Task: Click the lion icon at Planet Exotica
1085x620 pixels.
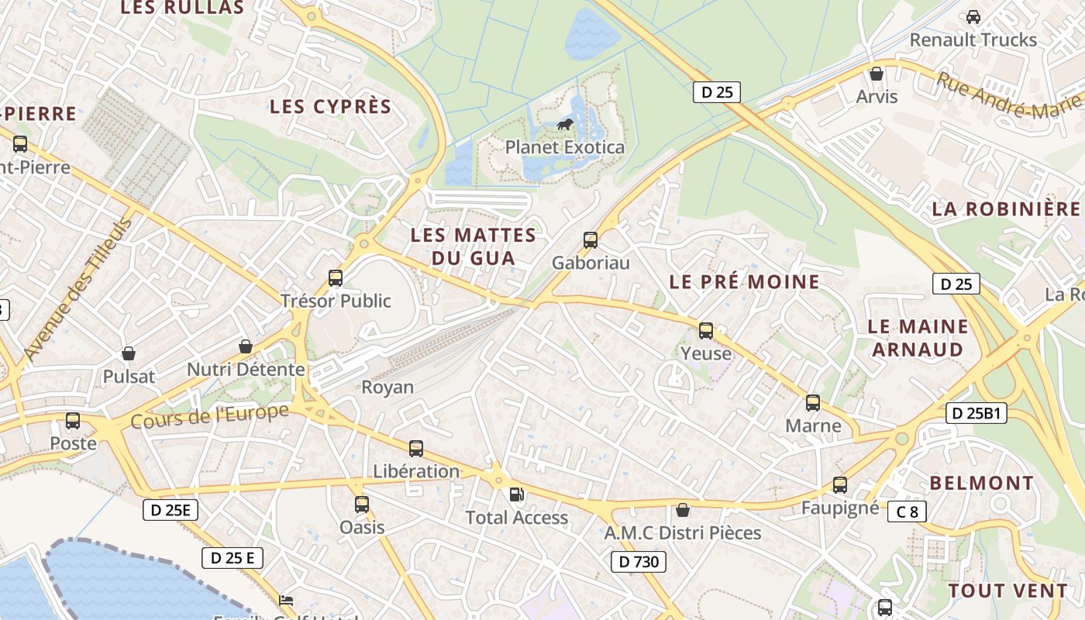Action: (564, 125)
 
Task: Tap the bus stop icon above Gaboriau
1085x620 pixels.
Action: (591, 240)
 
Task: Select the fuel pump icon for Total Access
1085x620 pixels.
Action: (516, 494)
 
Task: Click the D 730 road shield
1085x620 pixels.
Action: (638, 562)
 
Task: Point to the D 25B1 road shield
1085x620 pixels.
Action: (976, 413)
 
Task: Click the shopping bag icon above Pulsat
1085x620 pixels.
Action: (129, 353)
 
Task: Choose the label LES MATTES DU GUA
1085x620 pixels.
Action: (473, 246)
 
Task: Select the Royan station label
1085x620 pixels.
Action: (387, 387)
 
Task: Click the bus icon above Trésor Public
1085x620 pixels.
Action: (336, 278)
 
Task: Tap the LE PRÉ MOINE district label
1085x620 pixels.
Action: (744, 282)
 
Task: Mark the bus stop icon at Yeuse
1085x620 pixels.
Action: (706, 331)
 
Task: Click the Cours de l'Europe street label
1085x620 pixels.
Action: (209, 416)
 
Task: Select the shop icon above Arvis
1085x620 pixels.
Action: (877, 74)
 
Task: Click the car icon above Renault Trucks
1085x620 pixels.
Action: (973, 16)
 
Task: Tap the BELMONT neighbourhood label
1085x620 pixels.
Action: (981, 483)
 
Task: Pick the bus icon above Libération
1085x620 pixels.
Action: (416, 449)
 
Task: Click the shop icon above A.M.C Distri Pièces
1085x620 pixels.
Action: (683, 510)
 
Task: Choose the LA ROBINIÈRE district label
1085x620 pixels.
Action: (1005, 208)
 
